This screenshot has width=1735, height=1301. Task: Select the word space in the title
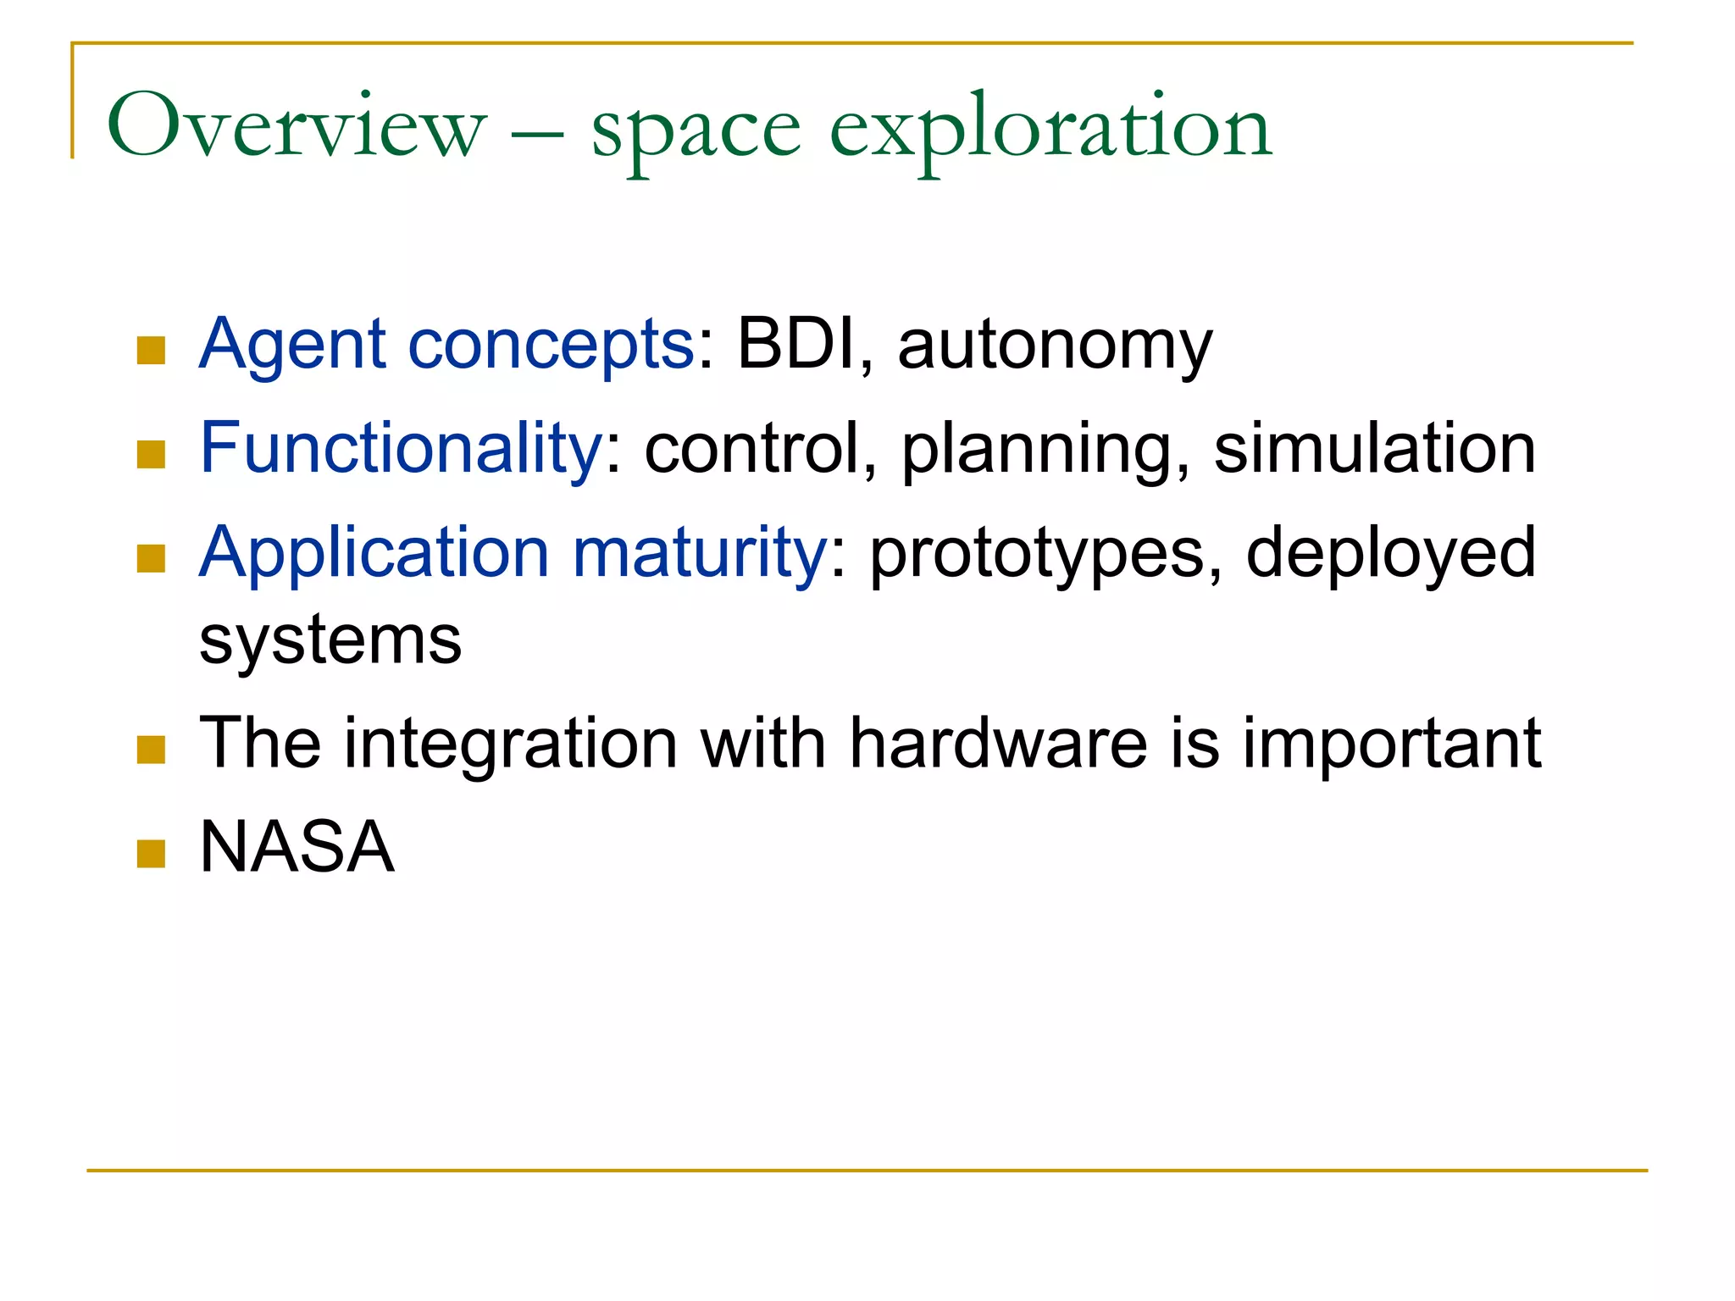tap(696, 131)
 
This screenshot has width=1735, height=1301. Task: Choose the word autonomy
tap(1055, 347)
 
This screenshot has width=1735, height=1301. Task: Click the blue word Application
tap(374, 554)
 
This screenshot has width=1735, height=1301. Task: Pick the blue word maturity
tap(699, 554)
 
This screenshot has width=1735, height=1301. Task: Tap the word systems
tap(330, 640)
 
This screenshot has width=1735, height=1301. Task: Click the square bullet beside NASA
tap(151, 854)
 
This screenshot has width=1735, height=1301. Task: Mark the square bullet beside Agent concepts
tap(151, 351)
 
